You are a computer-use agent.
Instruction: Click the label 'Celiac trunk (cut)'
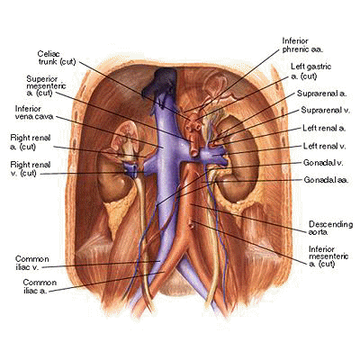tap(57, 58)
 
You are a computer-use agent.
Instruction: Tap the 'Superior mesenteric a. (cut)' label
tap(46, 85)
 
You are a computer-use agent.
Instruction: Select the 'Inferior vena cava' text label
tap(34, 112)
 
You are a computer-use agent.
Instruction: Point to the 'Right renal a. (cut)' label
tap(31, 142)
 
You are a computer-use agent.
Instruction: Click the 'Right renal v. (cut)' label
tap(31, 169)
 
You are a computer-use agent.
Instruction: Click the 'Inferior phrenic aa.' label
tap(302, 45)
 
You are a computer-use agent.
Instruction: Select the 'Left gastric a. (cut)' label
tap(310, 71)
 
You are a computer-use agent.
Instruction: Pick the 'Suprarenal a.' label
tap(321, 94)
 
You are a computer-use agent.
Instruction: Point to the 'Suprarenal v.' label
tap(326, 111)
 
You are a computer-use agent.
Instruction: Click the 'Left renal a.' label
tap(324, 129)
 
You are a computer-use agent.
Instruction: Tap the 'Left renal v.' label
tap(324, 146)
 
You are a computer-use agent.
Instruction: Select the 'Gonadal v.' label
tap(323, 163)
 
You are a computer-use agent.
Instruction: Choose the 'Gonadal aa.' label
tap(326, 180)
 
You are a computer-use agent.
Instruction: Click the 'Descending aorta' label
tap(330, 228)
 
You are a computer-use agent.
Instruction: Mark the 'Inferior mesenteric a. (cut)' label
tap(328, 256)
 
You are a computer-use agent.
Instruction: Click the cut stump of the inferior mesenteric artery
tap(191, 223)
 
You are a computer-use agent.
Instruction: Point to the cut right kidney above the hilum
tap(125, 137)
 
